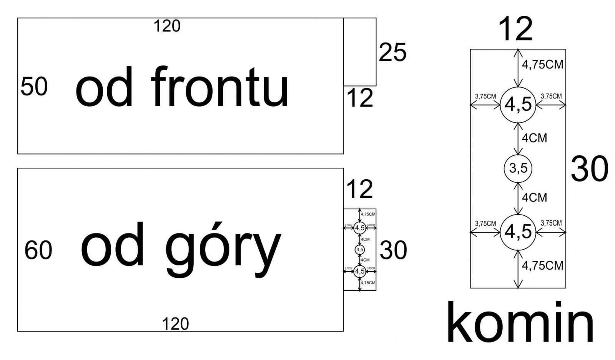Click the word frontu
219,87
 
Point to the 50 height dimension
34,87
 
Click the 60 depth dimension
38,250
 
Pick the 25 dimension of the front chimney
392,52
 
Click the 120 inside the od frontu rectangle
167,26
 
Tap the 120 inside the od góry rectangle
175,324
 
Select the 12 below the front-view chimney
360,98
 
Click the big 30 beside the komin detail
589,169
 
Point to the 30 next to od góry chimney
393,250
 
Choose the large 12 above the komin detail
515,29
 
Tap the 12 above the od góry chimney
360,189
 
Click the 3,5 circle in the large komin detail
518,168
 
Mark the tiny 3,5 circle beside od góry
360,250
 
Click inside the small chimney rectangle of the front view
360,52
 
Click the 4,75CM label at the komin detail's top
542,64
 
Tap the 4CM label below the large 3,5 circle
534,197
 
